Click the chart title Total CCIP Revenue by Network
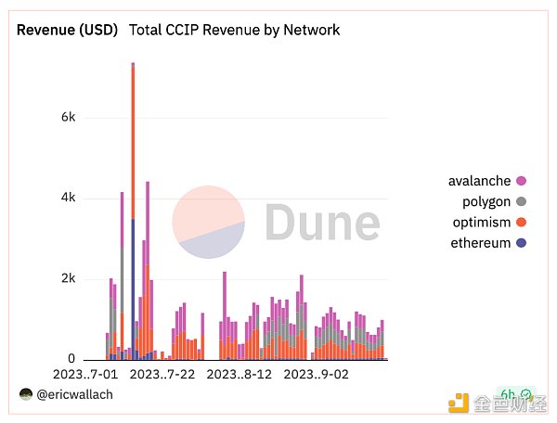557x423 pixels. pos(235,30)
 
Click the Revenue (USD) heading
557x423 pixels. pos(68,30)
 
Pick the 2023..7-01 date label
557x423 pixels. pos(86,375)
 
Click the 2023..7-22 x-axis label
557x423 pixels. pos(162,375)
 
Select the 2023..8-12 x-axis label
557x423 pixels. pos(240,375)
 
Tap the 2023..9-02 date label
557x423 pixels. pos(316,375)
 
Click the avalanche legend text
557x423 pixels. pos(479,181)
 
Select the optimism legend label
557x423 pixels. pos(480,223)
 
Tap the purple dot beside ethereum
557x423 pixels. pos(522,243)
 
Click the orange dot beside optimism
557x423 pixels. pos(522,223)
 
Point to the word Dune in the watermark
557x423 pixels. pos(321,224)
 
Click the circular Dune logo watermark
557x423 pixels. pos(209,223)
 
